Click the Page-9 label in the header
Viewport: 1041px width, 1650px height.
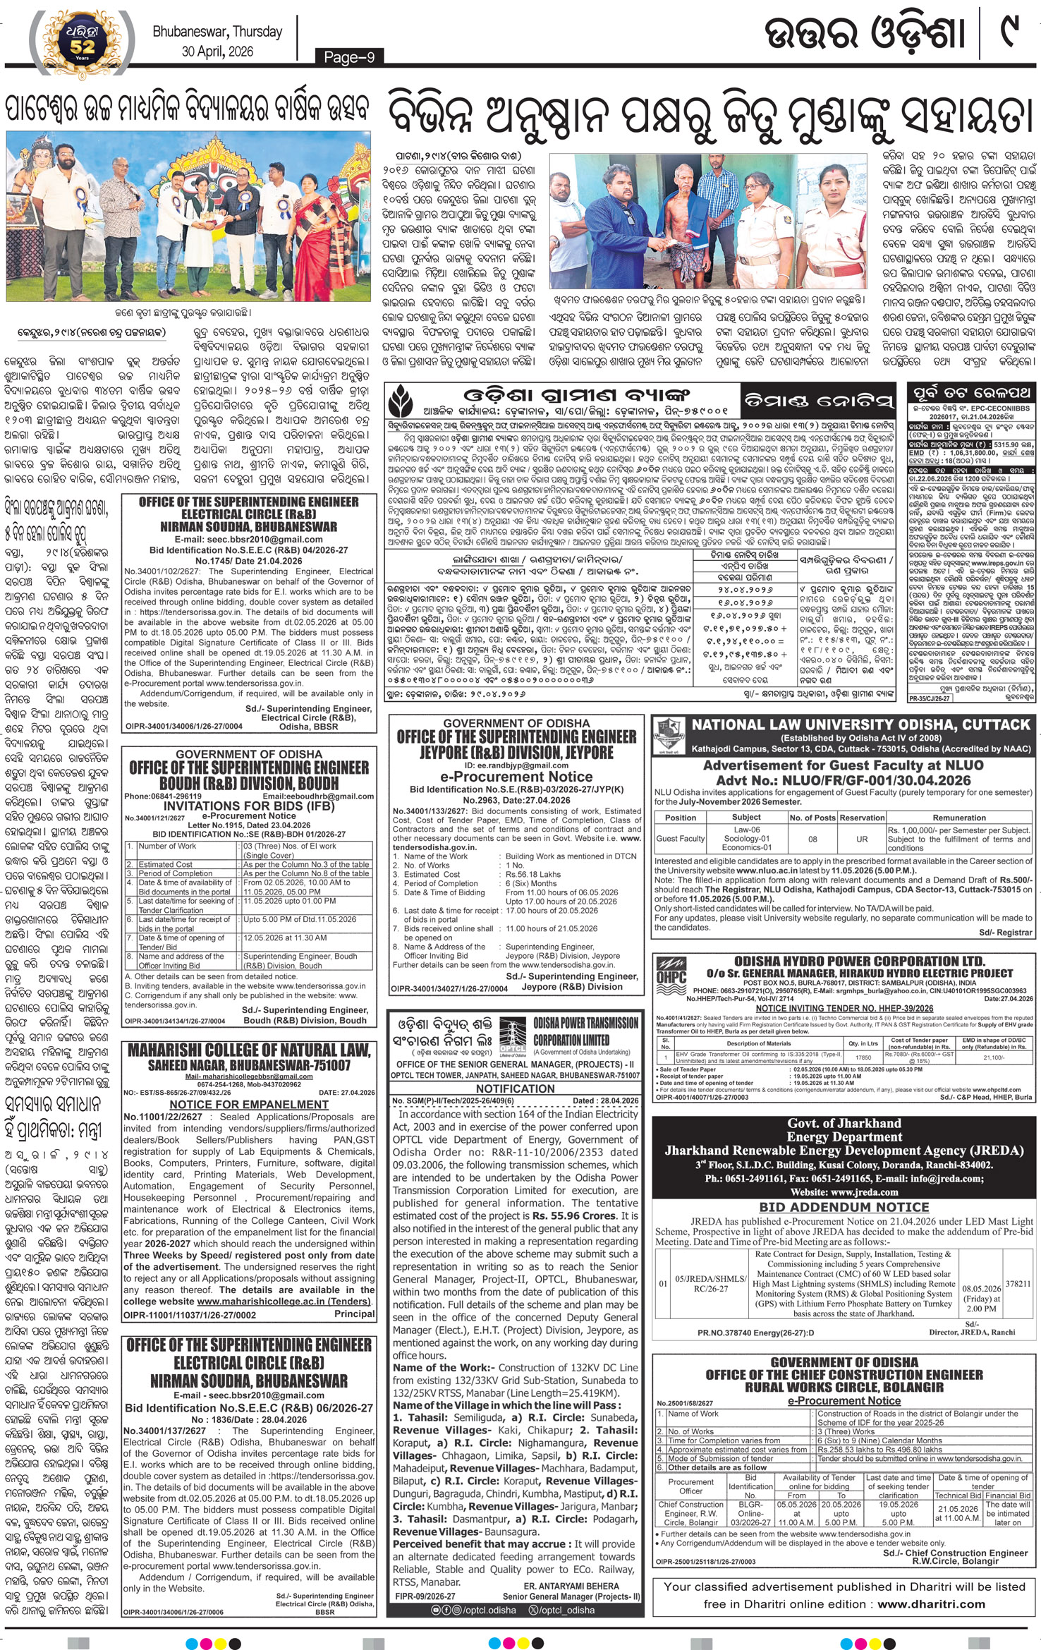pyautogui.click(x=349, y=57)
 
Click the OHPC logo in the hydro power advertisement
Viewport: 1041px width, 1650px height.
pyautogui.click(x=671, y=974)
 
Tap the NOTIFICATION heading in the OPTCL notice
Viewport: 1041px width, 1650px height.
pyautogui.click(x=516, y=1088)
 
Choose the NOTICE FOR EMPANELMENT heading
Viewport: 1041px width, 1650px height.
pyautogui.click(x=250, y=1104)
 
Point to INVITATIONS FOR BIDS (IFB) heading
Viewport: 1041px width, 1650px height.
pyautogui.click(x=249, y=806)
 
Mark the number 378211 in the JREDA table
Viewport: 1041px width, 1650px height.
pyautogui.click(x=1018, y=1284)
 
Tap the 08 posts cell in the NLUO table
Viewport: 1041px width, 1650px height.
pyautogui.click(x=812, y=839)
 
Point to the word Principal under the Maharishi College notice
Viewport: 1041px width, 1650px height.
pyautogui.click(x=354, y=1314)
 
